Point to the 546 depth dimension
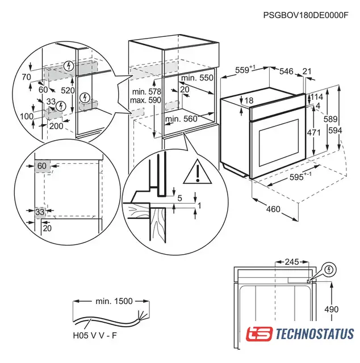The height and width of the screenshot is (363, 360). [286, 71]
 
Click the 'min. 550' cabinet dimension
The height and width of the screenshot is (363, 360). [198, 78]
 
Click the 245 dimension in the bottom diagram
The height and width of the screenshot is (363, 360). [291, 263]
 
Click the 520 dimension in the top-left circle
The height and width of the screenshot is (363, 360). [68, 90]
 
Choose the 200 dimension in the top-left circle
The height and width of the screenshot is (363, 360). [56, 125]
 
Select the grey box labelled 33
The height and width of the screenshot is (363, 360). [40, 212]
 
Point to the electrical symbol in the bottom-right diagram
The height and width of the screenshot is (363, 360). [329, 269]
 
